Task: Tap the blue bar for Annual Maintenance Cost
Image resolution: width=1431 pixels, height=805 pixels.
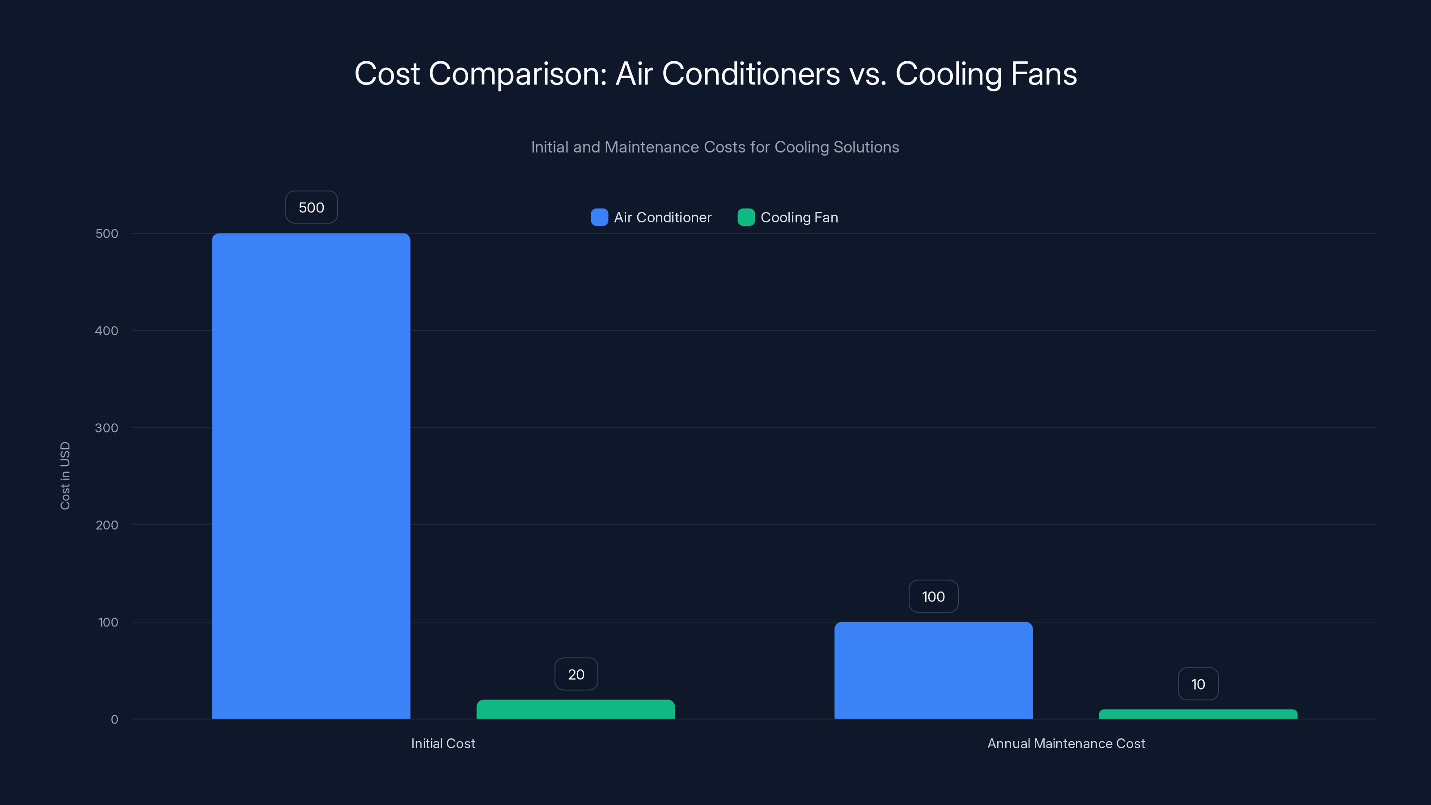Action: [x=933, y=670]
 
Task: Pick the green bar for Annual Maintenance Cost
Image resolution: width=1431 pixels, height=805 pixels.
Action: [x=1198, y=715]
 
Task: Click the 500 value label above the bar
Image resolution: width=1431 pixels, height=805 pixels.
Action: [x=311, y=207]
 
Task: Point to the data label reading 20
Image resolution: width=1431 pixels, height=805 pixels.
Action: [x=576, y=674]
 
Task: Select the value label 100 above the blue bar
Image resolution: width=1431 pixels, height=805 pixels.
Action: [x=933, y=596]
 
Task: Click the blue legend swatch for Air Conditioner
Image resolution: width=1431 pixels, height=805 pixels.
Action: [x=599, y=217]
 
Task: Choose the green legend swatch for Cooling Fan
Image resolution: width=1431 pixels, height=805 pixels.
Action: [x=746, y=217]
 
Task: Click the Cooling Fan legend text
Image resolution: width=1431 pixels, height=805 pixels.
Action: [x=799, y=217]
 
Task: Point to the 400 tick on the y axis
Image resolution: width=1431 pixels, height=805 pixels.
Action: [x=107, y=330]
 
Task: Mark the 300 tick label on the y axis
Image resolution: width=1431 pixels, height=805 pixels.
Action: [x=107, y=428]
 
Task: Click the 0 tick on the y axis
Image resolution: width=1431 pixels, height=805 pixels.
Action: [x=114, y=720]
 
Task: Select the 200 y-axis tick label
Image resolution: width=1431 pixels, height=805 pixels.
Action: [x=107, y=525]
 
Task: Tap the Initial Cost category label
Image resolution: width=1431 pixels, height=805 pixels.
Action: [x=443, y=743]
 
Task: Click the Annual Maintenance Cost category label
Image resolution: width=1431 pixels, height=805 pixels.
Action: [x=1066, y=743]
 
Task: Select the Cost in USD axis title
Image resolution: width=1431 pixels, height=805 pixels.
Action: [x=65, y=475]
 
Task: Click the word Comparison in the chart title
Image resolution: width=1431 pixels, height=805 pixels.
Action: [x=517, y=74]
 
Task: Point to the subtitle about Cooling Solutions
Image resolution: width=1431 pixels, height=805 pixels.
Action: [x=715, y=147]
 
